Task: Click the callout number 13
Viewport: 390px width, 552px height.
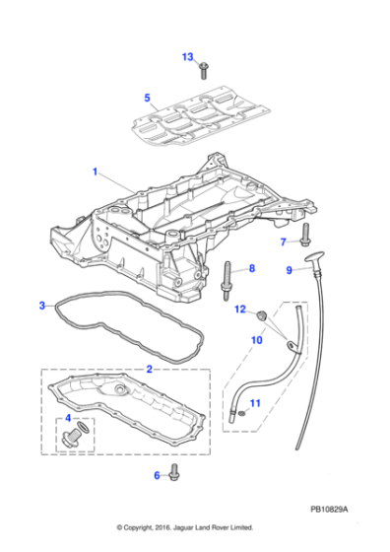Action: click(x=188, y=57)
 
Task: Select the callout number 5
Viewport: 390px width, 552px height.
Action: click(x=147, y=98)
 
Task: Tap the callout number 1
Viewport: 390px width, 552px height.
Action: click(x=96, y=172)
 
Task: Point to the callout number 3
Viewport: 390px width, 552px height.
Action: click(x=41, y=306)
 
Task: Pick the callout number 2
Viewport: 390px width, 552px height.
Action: click(x=149, y=368)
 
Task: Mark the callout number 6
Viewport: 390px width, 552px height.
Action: click(x=157, y=475)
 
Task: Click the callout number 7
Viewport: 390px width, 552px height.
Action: click(x=283, y=241)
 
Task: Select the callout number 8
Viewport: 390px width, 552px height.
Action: click(x=251, y=268)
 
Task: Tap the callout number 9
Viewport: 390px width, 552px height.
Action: click(x=290, y=269)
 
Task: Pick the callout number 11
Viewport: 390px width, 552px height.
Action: click(x=254, y=403)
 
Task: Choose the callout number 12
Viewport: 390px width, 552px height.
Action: click(x=239, y=310)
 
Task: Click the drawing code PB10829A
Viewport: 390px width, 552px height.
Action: click(x=330, y=510)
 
